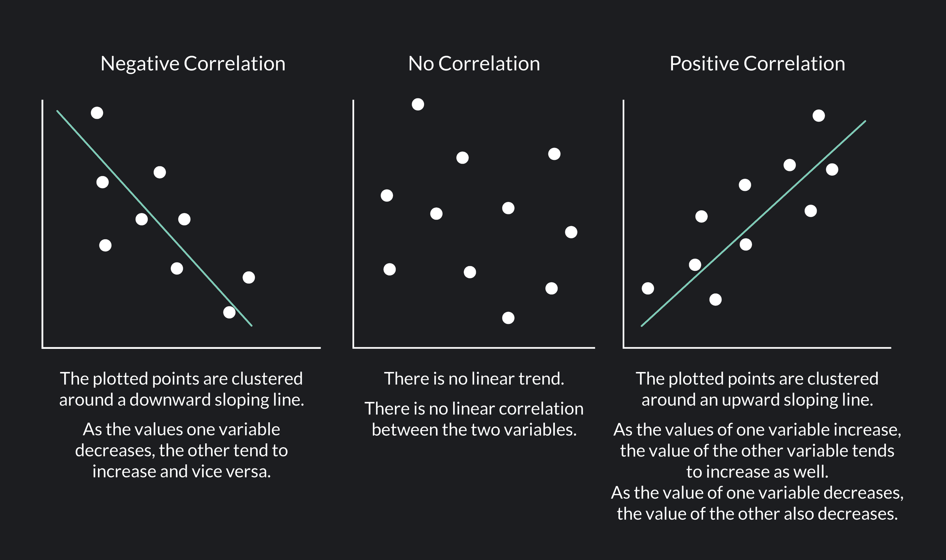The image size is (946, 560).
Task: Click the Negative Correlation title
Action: (193, 64)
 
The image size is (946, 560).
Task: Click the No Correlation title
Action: (474, 64)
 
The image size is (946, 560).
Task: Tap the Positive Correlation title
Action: (757, 64)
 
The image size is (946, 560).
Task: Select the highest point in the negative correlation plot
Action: (97, 113)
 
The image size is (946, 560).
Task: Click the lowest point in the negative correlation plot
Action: (229, 312)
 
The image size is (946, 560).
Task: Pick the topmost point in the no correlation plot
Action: (418, 104)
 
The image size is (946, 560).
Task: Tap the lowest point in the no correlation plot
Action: (508, 318)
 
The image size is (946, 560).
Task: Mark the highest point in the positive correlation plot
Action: (819, 116)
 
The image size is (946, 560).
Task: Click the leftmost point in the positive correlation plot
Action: (648, 288)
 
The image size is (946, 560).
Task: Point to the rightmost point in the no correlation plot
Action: (571, 232)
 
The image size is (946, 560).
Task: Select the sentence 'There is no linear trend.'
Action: (474, 379)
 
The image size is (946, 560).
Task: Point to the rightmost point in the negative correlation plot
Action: (249, 277)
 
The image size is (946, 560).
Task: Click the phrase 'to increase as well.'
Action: (757, 472)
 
